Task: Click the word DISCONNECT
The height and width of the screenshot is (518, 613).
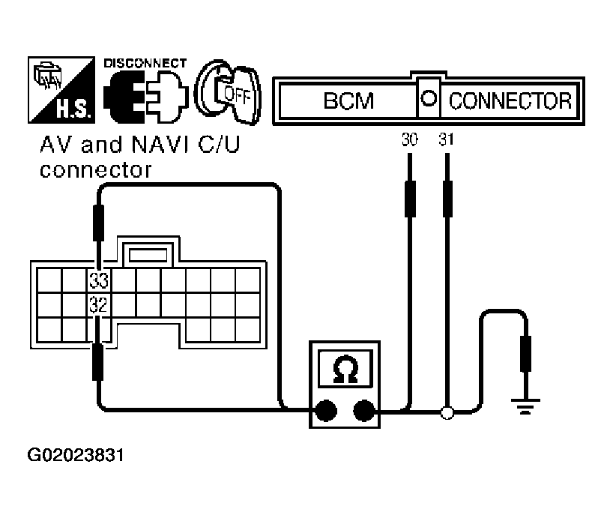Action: (x=145, y=63)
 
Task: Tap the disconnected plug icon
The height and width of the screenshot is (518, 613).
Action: (x=142, y=97)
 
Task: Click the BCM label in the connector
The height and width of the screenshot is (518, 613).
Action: (x=348, y=100)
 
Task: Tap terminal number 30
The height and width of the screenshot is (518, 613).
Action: (x=409, y=140)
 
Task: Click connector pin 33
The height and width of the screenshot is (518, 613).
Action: (x=99, y=281)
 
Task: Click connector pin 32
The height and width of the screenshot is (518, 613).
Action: (x=99, y=305)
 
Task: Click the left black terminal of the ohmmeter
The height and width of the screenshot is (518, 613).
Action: (x=324, y=411)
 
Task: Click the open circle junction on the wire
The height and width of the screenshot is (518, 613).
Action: (x=447, y=412)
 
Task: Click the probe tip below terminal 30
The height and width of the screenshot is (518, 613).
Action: (x=409, y=196)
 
